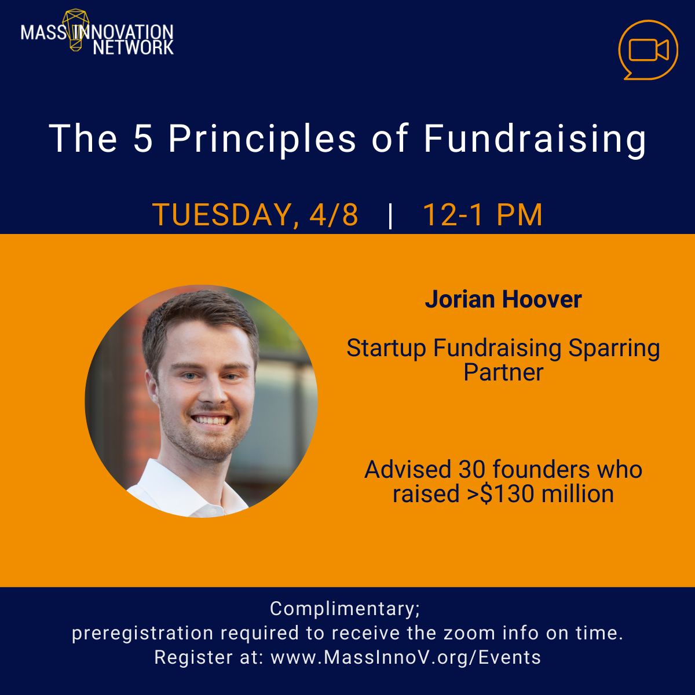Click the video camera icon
click(x=648, y=50)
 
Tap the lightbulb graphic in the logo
click(x=76, y=29)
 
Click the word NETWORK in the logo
click(x=133, y=47)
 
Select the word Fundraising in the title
click(x=535, y=139)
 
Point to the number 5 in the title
click(x=143, y=139)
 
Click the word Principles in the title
click(x=262, y=139)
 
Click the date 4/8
click(x=334, y=215)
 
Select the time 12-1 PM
click(x=482, y=215)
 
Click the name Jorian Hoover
click(x=503, y=299)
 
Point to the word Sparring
click(x=614, y=348)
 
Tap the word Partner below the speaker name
click(x=503, y=372)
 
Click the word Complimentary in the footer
click(x=344, y=609)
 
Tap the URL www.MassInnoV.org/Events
click(x=405, y=657)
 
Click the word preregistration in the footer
click(x=142, y=633)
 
